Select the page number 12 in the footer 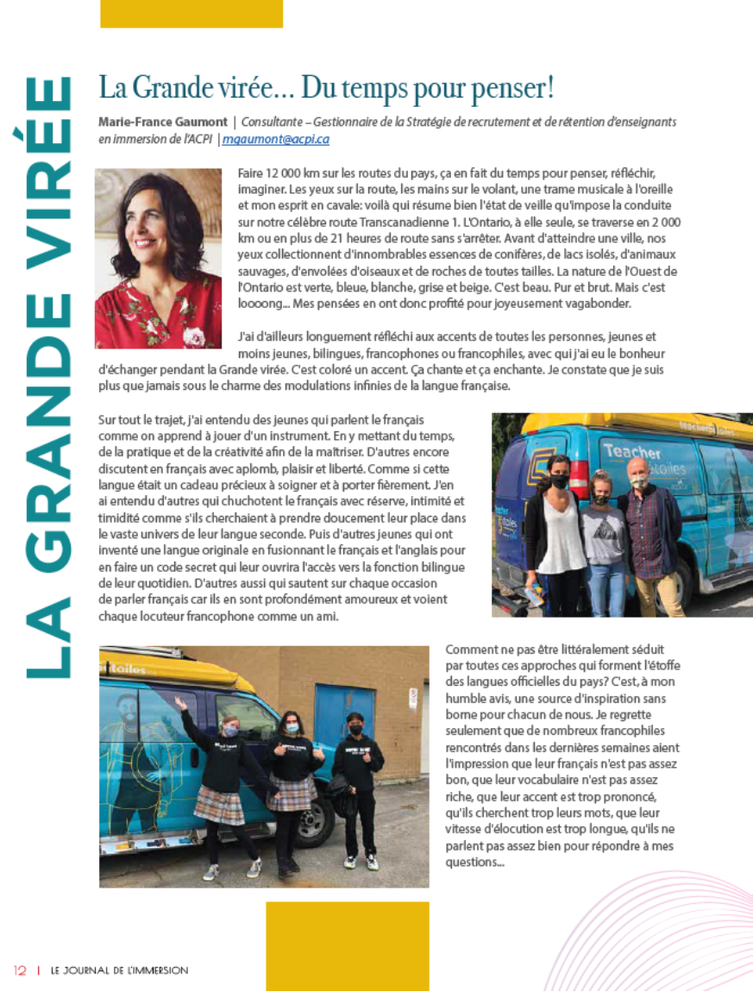point(20,970)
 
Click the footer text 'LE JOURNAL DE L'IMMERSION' point(119,970)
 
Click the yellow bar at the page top point(191,13)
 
